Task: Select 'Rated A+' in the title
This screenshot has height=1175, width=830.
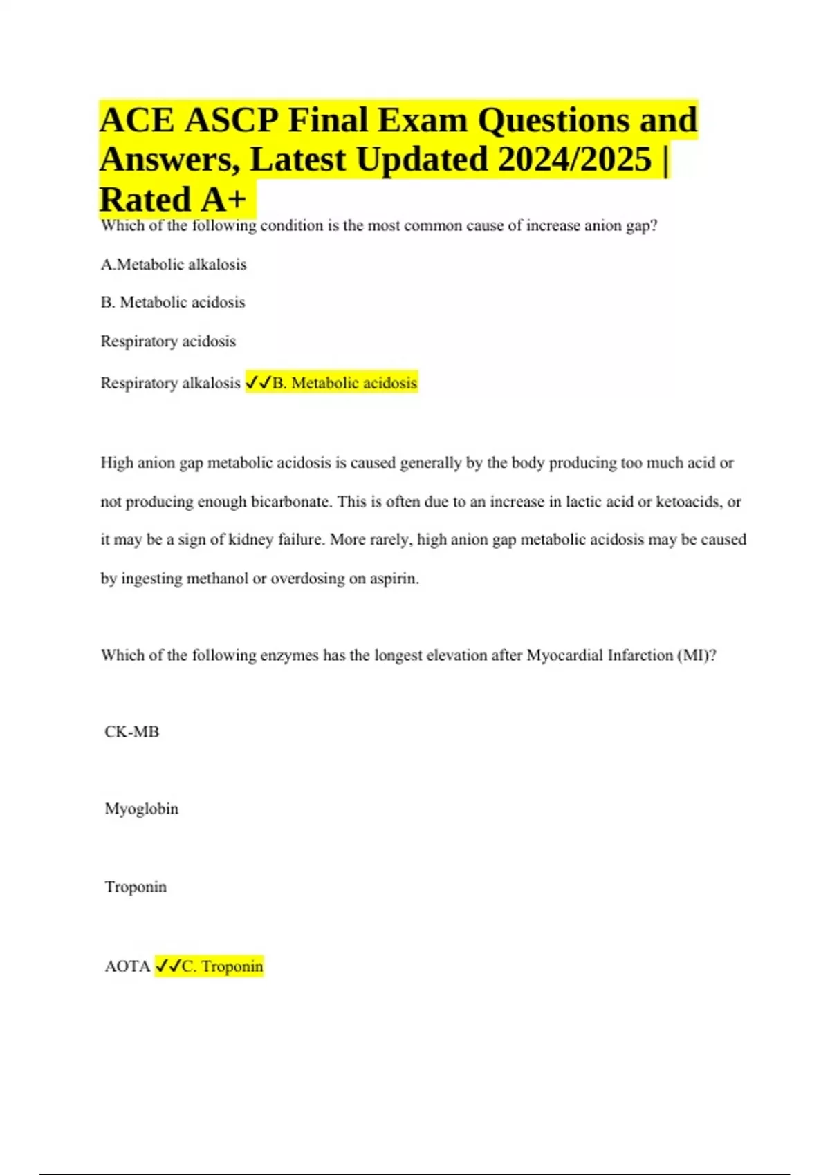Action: click(173, 200)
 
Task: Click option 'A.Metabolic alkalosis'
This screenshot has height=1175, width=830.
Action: click(174, 264)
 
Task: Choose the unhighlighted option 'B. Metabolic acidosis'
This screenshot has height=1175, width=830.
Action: click(173, 302)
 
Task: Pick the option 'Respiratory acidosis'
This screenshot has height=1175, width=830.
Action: click(168, 341)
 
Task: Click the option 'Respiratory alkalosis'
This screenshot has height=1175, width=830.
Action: click(170, 383)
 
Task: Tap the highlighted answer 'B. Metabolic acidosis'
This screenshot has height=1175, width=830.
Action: click(344, 383)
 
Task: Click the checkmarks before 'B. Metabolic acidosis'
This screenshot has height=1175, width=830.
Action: click(258, 383)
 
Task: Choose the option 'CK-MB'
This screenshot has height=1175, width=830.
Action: click(131, 732)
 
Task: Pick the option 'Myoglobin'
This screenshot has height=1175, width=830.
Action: click(141, 809)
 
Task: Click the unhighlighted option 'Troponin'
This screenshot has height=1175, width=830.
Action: click(136, 887)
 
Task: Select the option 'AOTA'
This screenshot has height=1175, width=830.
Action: click(127, 966)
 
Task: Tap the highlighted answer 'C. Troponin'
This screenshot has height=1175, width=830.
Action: click(222, 966)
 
